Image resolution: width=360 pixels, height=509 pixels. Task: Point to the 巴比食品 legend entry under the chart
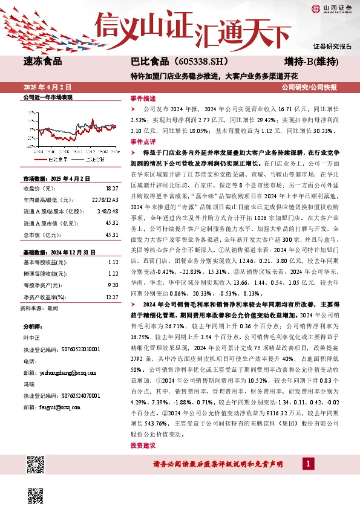coord(59,160)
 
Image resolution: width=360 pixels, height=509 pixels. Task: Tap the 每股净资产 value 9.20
coord(112,284)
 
